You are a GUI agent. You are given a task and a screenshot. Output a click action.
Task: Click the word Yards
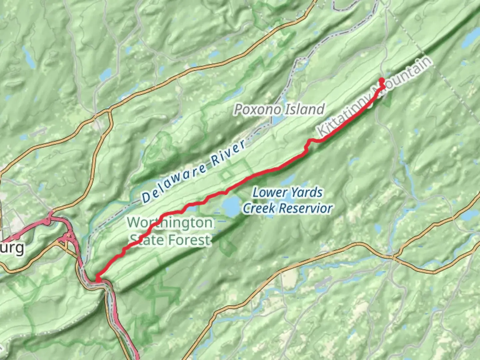[306, 193]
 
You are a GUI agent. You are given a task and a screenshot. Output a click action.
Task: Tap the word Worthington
[170, 222]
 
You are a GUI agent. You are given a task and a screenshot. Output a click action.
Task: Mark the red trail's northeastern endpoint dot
[381, 80]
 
